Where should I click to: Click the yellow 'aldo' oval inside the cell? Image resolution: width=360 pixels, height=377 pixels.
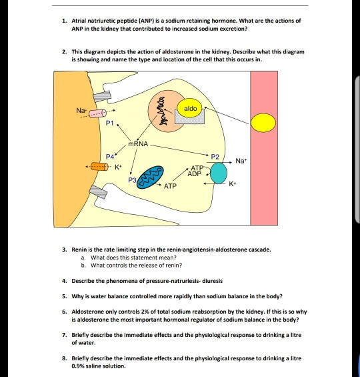[190, 108]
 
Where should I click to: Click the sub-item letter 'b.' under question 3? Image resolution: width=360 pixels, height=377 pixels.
[82, 264]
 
